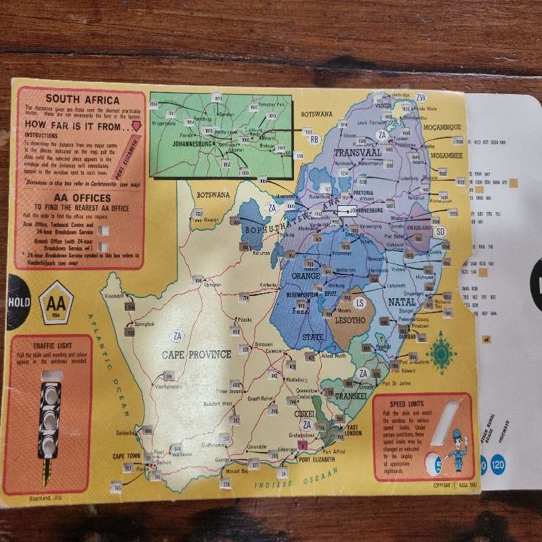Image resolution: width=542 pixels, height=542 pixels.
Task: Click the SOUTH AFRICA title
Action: coord(72,100)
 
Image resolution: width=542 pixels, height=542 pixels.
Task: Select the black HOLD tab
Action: coord(19,302)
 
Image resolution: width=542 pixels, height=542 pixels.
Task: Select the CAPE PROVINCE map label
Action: coord(196,354)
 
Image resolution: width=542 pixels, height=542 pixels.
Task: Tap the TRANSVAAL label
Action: coord(357,153)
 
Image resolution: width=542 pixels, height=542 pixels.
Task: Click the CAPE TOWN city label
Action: coord(127,456)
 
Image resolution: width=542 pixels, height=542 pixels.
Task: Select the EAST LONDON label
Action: coord(354,431)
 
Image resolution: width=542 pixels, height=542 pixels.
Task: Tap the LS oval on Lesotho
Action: coord(360,302)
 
